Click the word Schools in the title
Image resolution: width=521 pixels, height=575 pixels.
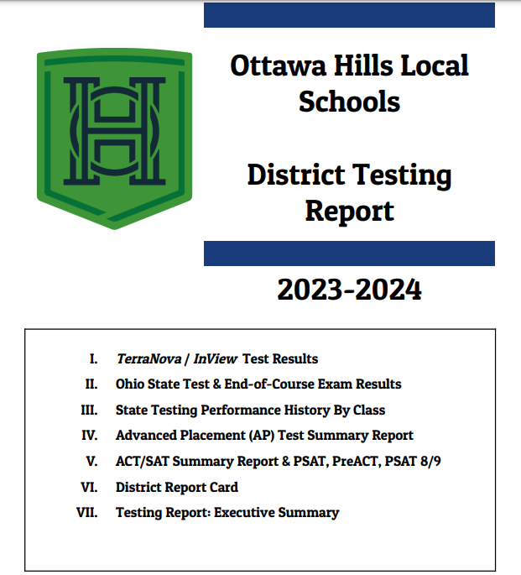click(x=349, y=102)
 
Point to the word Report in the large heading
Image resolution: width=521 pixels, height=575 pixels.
click(x=349, y=210)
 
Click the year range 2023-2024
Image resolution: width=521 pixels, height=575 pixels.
click(x=349, y=290)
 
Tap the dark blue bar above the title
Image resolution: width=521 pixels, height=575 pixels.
click(x=349, y=15)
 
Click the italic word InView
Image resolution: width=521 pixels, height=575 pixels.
click(x=216, y=359)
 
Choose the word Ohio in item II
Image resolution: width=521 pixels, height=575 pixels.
click(x=131, y=384)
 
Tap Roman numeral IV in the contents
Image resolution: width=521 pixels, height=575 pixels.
click(x=90, y=436)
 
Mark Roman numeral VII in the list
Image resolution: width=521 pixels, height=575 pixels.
click(x=88, y=512)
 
